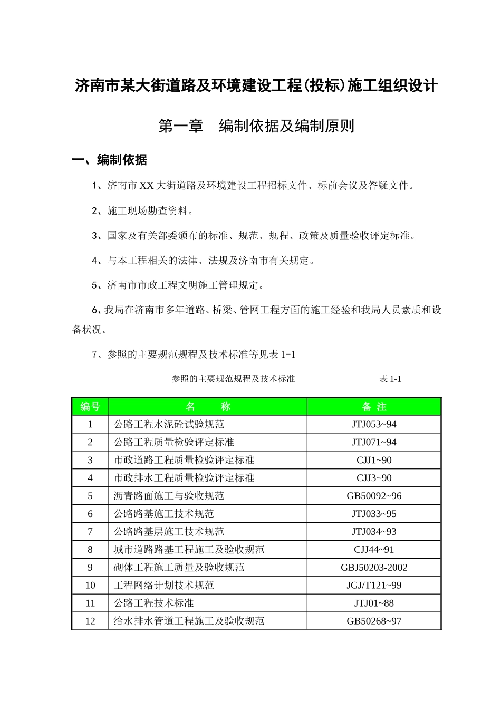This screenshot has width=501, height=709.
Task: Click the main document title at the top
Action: click(x=256, y=85)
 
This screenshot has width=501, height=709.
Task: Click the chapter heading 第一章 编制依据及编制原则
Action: click(x=256, y=126)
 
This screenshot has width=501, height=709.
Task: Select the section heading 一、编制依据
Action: click(x=110, y=160)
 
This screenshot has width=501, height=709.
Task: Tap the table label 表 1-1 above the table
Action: click(x=390, y=379)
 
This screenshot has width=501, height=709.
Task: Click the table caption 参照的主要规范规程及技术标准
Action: click(x=233, y=379)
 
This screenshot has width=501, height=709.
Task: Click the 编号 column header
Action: click(x=90, y=407)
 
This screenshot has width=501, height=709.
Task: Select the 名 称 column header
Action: click(x=208, y=407)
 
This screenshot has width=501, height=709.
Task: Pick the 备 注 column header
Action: click(x=374, y=407)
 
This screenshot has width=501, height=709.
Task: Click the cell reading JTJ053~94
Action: click(x=374, y=425)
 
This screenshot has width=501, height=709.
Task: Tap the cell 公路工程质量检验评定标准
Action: click(x=174, y=443)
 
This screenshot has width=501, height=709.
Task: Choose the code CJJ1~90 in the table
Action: click(x=374, y=461)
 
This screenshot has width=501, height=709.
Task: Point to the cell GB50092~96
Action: click(x=374, y=496)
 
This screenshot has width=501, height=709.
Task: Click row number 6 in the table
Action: click(x=90, y=514)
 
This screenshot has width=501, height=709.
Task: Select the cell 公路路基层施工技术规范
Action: click(x=169, y=532)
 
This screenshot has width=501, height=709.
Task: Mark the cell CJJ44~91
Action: click(x=374, y=550)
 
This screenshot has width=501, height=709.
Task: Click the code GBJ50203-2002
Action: click(x=374, y=568)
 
